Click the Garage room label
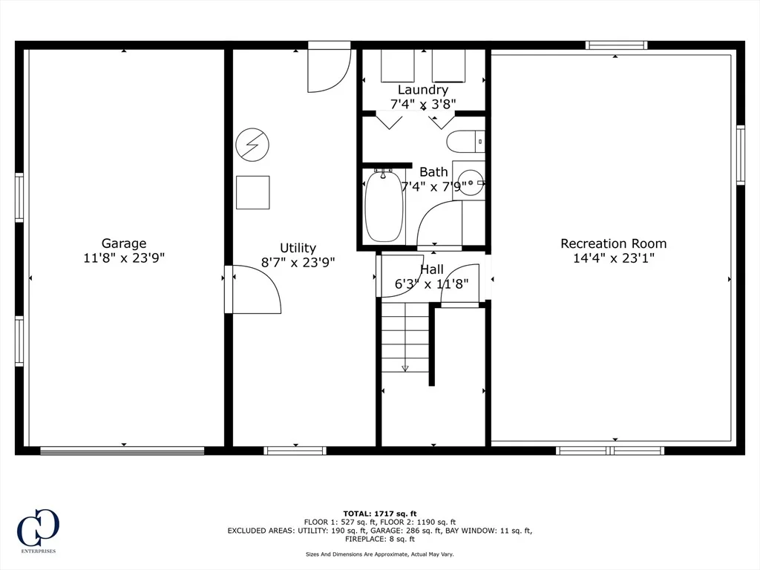pyautogui.click(x=124, y=243)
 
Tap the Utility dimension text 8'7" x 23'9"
pyautogui.click(x=298, y=262)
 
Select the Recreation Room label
pyautogui.click(x=614, y=243)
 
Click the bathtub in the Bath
pyautogui.click(x=384, y=206)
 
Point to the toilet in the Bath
pyautogui.click(x=465, y=141)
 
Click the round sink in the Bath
pyautogui.click(x=470, y=183)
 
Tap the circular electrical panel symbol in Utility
pyautogui.click(x=252, y=145)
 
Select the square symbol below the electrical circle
pyautogui.click(x=252, y=192)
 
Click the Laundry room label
pyautogui.click(x=423, y=90)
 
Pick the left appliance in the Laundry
pyautogui.click(x=398, y=66)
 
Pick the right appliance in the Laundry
pyautogui.click(x=449, y=66)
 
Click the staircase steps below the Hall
pyautogui.click(x=405, y=338)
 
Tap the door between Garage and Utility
pyautogui.click(x=252, y=289)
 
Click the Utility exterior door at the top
pyautogui.click(x=329, y=67)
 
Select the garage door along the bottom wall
pyautogui.click(x=122, y=451)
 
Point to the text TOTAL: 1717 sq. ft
pyautogui.click(x=380, y=514)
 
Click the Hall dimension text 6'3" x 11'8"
pyautogui.click(x=431, y=284)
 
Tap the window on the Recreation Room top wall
pyautogui.click(x=617, y=45)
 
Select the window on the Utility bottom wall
pyautogui.click(x=295, y=451)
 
